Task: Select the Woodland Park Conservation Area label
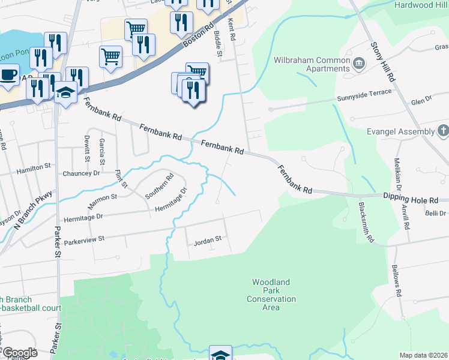click(271, 295)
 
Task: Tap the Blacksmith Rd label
click(366, 222)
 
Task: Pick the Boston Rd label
click(198, 37)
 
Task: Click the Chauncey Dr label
click(81, 173)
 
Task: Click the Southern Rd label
click(159, 186)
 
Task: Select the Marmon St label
click(102, 198)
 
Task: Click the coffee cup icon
click(8, 76)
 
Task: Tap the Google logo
click(20, 353)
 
